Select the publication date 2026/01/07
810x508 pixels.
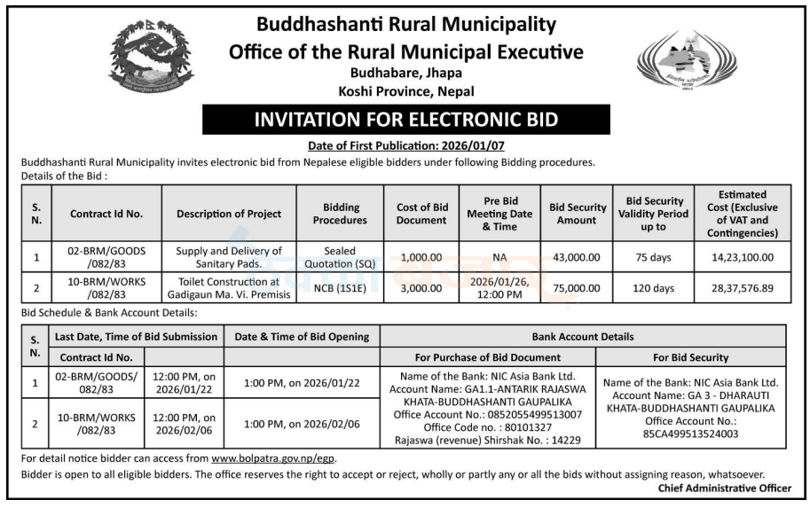472,145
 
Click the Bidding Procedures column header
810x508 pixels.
340,213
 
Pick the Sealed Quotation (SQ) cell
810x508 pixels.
340,257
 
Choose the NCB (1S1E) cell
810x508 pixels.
340,288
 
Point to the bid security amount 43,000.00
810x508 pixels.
576,257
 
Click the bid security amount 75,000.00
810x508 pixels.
576,288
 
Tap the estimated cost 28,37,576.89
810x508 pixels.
743,288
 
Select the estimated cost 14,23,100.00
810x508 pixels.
743,257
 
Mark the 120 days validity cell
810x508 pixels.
657,288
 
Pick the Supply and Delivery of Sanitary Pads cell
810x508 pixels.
229,257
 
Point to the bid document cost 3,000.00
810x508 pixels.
421,288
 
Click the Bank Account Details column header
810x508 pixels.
583,337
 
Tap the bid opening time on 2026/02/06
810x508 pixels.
303,425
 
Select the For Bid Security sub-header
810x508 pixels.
690,357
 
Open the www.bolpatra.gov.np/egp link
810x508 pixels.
274,459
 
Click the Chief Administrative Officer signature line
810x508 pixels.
724,488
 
